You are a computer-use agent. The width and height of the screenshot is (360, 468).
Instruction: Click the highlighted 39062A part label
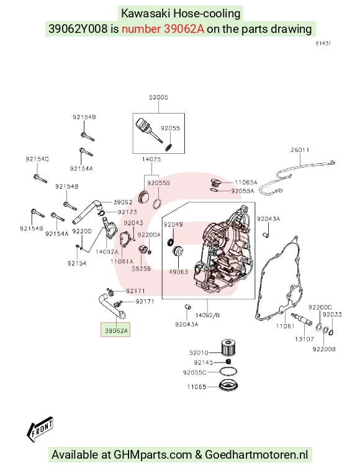pyautogui.click(x=116, y=330)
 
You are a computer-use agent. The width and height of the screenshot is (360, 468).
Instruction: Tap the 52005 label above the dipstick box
pyautogui.click(x=158, y=97)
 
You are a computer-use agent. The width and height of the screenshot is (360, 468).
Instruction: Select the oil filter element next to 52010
pyautogui.click(x=228, y=348)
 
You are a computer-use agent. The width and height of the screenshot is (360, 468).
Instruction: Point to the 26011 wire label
pyautogui.click(x=300, y=150)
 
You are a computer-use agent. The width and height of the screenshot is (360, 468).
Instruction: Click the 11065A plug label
pyautogui.click(x=246, y=182)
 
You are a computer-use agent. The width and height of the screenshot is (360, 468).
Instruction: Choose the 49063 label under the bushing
pyautogui.click(x=179, y=272)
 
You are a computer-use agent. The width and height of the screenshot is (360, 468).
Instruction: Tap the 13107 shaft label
pyautogui.click(x=305, y=339)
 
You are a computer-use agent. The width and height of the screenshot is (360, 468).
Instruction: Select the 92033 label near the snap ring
pyautogui.click(x=332, y=314)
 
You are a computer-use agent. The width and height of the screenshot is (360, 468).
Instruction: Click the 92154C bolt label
pyautogui.click(x=37, y=159)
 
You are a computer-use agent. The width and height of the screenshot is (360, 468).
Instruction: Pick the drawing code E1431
pyautogui.click(x=323, y=43)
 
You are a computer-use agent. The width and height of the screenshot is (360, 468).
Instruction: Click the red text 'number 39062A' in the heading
pyautogui.click(x=163, y=29)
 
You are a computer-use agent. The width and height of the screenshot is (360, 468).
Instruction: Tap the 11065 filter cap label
pyautogui.click(x=197, y=387)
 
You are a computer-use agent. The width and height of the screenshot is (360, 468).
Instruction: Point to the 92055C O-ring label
pyautogui.click(x=194, y=372)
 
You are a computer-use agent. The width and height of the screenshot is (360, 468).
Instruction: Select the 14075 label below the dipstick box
pyautogui.click(x=151, y=159)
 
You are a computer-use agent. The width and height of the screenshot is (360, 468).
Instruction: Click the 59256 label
pyautogui.click(x=141, y=269)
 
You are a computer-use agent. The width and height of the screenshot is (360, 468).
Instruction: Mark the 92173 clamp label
pyautogui.click(x=127, y=212)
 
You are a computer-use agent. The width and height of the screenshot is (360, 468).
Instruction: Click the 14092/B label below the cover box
pyautogui.click(x=207, y=315)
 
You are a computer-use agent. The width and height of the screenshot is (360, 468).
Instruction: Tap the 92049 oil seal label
pyautogui.click(x=173, y=225)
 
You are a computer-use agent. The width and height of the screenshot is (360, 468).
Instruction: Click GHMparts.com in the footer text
pyautogui.click(x=153, y=454)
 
